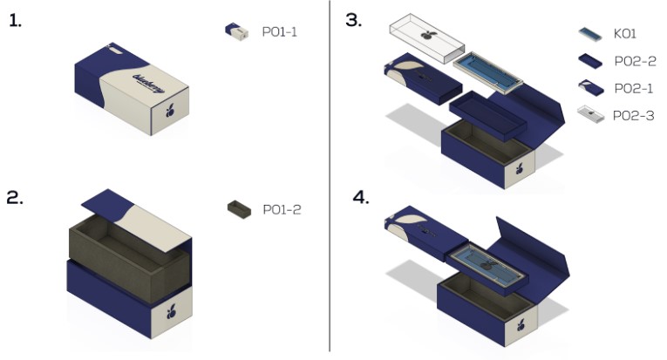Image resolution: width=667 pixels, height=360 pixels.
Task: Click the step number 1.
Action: (15, 21)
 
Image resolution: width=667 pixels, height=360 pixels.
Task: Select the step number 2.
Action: (16, 197)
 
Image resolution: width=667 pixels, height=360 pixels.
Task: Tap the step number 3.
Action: (353, 20)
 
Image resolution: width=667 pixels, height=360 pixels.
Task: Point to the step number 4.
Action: (360, 197)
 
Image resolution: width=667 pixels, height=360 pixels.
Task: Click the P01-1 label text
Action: (280, 31)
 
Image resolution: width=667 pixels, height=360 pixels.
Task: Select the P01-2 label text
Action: (281, 209)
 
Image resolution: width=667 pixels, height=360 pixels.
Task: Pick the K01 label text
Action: (624, 33)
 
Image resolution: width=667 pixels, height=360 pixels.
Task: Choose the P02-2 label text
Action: (634, 60)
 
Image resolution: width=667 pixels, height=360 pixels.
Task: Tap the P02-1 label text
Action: (633, 87)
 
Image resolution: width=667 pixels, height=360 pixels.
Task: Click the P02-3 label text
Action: (634, 114)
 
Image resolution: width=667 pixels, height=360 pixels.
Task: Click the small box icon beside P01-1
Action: (236, 31)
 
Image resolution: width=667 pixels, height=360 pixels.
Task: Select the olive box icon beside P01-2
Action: (236, 208)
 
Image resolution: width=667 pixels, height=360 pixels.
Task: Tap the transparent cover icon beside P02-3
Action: (589, 114)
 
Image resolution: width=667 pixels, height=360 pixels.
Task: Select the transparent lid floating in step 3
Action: (422, 37)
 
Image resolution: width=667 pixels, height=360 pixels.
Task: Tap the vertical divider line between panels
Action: (330, 174)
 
